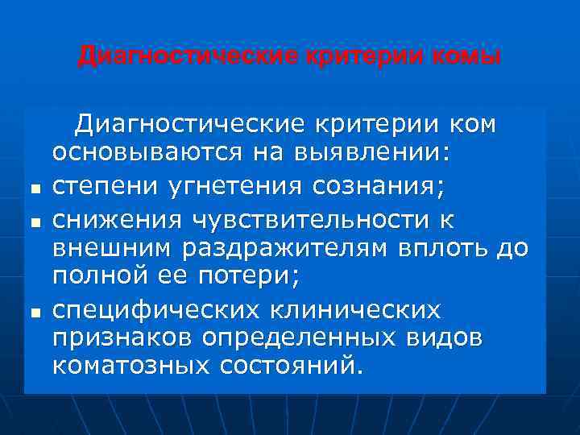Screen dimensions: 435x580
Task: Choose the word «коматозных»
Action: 130,367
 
